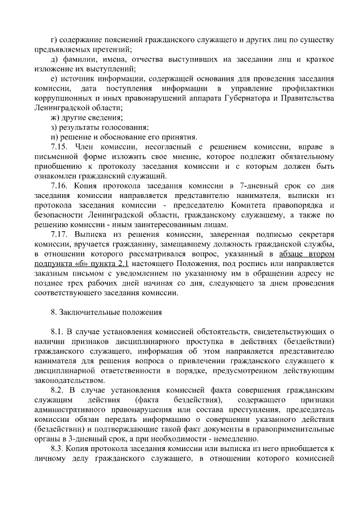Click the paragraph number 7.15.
pyautogui.click(x=59, y=146)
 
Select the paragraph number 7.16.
pyautogui.click(x=59, y=185)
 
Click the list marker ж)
pyautogui.click(x=55, y=118)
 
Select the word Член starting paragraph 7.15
pyautogui.click(x=83, y=146)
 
